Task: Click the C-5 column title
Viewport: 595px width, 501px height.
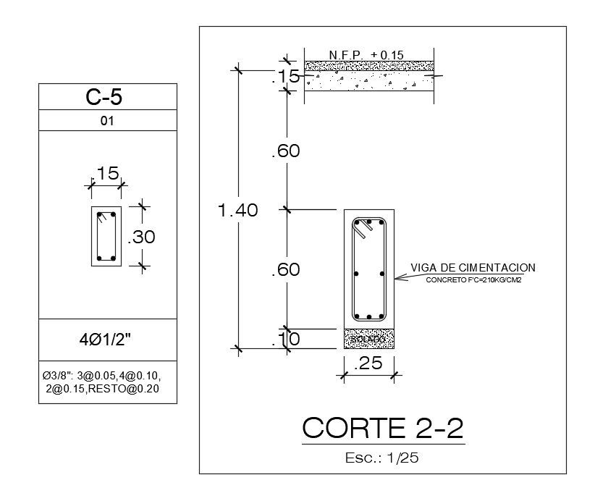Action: tap(107, 97)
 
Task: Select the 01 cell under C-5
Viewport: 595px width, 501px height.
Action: tap(107, 121)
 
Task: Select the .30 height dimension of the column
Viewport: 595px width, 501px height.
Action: tap(142, 237)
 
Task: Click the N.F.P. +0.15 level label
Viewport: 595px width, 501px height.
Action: tap(366, 55)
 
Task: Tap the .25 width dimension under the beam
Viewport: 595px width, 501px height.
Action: tap(368, 364)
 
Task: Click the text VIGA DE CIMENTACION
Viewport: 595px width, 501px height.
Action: tap(473, 268)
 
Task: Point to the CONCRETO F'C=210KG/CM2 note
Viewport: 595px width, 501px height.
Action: tap(474, 279)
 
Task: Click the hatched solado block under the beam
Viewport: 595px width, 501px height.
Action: tap(368, 338)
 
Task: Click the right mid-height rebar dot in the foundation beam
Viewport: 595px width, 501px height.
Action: tap(381, 274)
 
